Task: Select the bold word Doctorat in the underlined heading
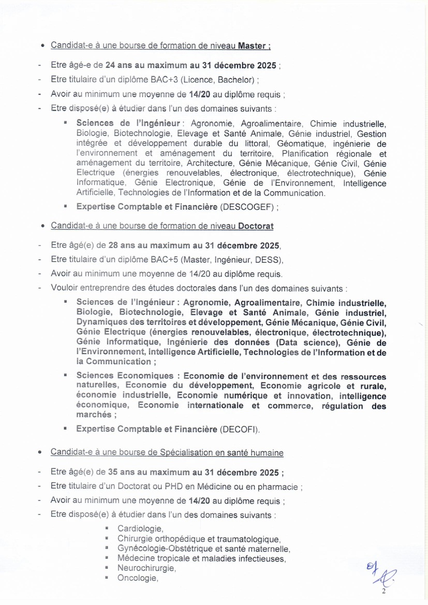coord(256,226)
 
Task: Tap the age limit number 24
coord(110,66)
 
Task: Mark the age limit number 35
coord(113,472)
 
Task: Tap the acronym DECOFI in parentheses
coord(240,429)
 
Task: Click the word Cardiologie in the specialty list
coord(140,529)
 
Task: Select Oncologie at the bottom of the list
coord(137,578)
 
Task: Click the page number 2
coord(384,591)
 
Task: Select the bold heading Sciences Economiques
coord(125,376)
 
